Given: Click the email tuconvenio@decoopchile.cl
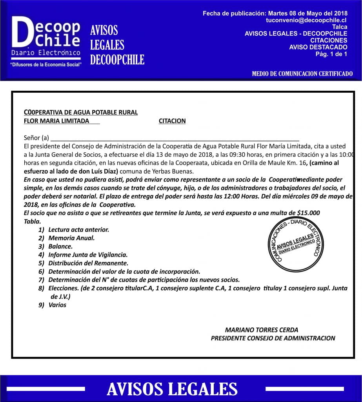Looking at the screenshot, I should coord(306,20).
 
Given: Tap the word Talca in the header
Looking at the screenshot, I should coord(339,27).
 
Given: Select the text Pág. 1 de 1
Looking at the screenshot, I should coord(331,54).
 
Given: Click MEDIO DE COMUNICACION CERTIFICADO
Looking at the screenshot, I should coord(302,74).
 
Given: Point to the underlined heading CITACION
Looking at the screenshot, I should coord(172,121).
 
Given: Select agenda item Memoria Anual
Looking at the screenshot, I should coord(71,238).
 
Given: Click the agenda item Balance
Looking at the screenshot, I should coord(60,247).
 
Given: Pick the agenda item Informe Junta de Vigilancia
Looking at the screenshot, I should coord(87,255).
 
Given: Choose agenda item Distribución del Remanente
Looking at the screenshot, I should coord(88,263).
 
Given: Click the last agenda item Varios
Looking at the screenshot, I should coord(57,305).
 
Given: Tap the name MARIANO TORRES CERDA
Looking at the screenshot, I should coord(262,330).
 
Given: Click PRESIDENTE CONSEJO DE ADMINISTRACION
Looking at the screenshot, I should coord(273,338).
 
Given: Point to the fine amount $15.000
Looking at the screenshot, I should coord(309,213).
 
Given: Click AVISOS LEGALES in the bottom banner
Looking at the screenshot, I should coord(172,389).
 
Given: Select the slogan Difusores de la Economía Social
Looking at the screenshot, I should coord(46,64).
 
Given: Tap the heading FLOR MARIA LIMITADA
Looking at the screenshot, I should coord(56,121).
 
